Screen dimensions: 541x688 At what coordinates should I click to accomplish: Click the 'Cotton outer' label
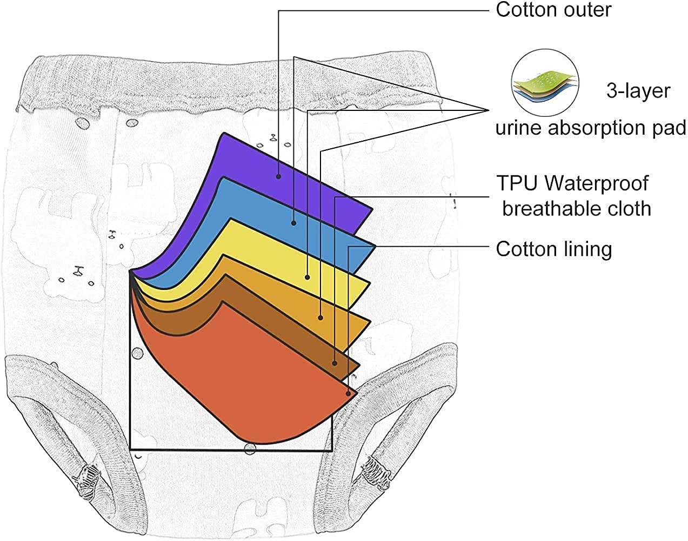pos(553,10)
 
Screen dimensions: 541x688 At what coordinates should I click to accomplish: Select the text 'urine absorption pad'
pos(591,128)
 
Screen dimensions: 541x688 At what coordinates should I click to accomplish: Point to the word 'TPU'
pos(517,183)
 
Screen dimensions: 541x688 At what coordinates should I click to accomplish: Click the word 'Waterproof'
pos(596,183)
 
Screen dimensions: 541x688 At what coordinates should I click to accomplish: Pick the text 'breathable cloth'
pos(576,208)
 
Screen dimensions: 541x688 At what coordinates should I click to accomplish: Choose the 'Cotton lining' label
pos(553,249)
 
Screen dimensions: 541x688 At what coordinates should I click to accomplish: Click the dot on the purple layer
pos(278,175)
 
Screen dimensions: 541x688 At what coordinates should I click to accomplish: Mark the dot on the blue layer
pos(293,222)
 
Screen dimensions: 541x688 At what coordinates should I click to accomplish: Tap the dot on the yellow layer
pos(308,277)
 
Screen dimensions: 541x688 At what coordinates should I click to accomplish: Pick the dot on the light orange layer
pos(321,318)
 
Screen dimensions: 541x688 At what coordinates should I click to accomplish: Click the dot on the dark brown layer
pos(335,363)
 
